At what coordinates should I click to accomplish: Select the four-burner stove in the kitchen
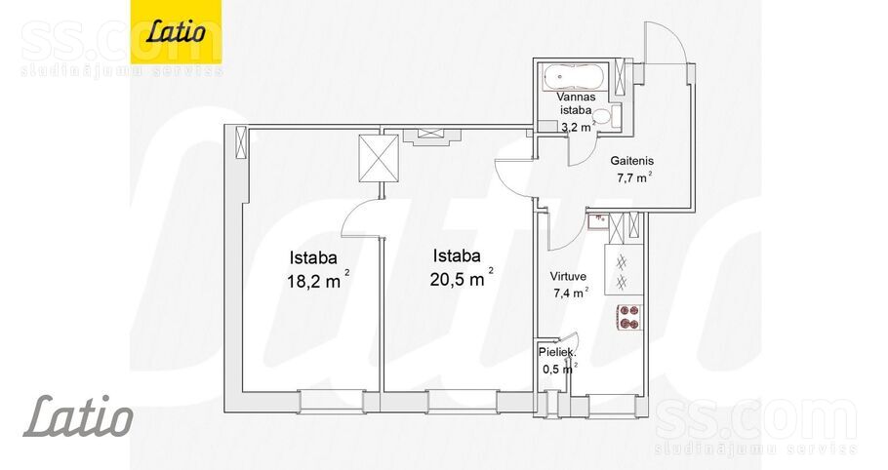(629, 316)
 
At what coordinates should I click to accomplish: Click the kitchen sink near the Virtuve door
(597, 221)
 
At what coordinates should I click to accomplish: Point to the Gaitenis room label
(631, 161)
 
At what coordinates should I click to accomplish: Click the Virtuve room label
(568, 277)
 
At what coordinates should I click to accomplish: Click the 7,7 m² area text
(633, 177)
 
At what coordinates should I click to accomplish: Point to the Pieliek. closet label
(557, 352)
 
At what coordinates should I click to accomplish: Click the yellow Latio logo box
(176, 31)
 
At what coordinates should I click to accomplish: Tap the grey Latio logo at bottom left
(78, 416)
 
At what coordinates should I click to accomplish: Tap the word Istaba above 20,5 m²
(457, 255)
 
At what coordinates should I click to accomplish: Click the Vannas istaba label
(575, 103)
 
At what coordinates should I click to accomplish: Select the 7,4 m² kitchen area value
(570, 293)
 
